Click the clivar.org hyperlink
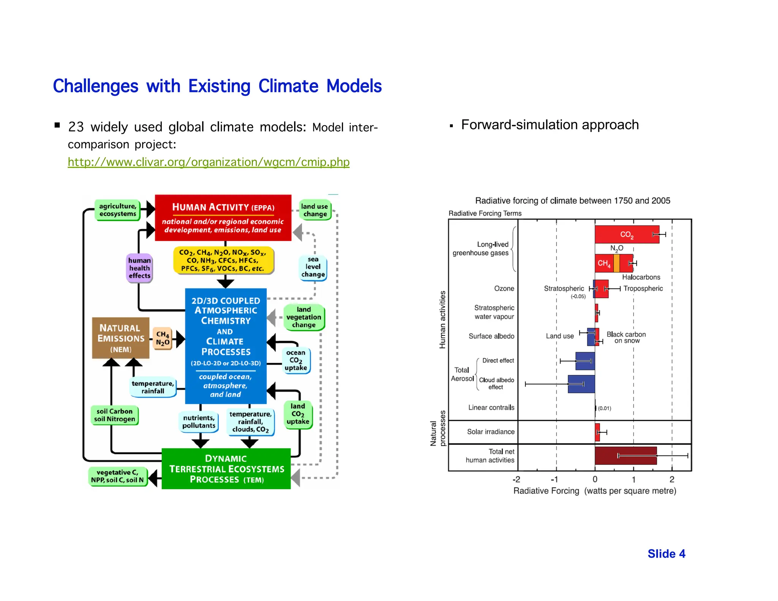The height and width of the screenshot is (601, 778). pyautogui.click(x=208, y=162)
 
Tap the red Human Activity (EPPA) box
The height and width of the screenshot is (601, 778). pyautogui.click(x=223, y=218)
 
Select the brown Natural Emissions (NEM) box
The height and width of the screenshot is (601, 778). pyautogui.click(x=120, y=338)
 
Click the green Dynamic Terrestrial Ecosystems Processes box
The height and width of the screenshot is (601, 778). pyautogui.click(x=226, y=469)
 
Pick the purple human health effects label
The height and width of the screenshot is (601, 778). pyautogui.click(x=139, y=268)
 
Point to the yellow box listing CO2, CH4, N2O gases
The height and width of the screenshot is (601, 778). pyautogui.click(x=223, y=261)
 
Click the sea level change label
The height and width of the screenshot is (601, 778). pyautogui.click(x=313, y=267)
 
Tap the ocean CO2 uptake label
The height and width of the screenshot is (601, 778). pyautogui.click(x=296, y=360)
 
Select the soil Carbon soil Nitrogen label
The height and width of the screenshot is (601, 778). pyautogui.click(x=114, y=415)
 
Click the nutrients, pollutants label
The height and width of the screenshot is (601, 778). pyautogui.click(x=199, y=422)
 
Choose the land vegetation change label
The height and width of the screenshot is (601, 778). pyautogui.click(x=304, y=317)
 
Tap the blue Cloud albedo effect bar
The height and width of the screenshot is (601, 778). pyautogui.click(x=581, y=384)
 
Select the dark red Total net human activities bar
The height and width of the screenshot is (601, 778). pyautogui.click(x=625, y=455)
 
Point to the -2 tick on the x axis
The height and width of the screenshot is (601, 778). pyautogui.click(x=516, y=479)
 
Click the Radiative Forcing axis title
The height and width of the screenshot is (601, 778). pyautogui.click(x=595, y=491)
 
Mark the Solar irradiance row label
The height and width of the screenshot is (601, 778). pyautogui.click(x=490, y=432)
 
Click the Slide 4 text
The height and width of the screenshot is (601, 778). pyautogui.click(x=666, y=554)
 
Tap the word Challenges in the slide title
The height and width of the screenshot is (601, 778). pyautogui.click(x=95, y=86)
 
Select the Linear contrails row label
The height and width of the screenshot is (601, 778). pyautogui.click(x=491, y=408)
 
